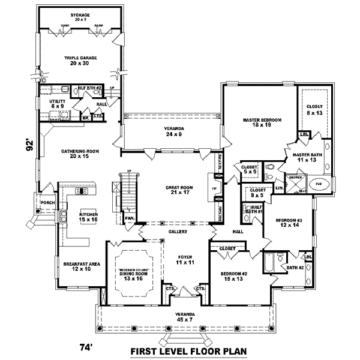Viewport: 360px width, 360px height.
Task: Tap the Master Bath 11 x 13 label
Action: pyautogui.click(x=308, y=157)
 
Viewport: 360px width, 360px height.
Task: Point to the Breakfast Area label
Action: pyautogui.click(x=76, y=265)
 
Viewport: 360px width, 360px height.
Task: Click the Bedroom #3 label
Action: pyautogui.click(x=286, y=223)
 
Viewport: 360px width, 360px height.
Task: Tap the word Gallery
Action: pyautogui.click(x=178, y=232)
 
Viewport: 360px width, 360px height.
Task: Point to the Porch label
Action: pyautogui.click(x=47, y=202)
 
